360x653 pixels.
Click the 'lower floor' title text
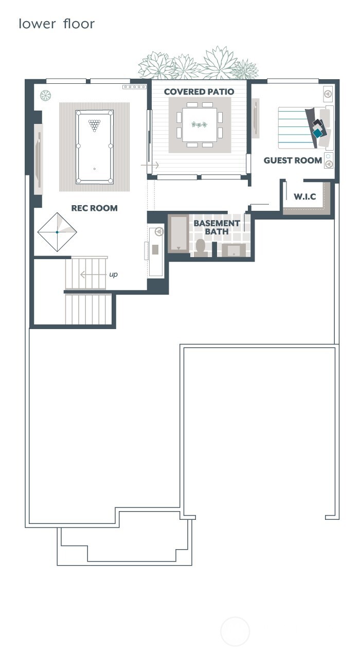[57, 24]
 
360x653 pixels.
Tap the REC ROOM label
[94, 208]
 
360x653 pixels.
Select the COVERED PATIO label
[199, 92]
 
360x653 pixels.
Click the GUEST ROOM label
[293, 160]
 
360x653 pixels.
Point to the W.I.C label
[304, 197]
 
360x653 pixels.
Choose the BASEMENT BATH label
[217, 227]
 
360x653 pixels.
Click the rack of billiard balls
[94, 125]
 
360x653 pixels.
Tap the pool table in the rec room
[94, 147]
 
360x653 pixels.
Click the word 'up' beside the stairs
[113, 275]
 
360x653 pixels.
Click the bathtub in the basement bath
[179, 234]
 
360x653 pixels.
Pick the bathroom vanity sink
[234, 250]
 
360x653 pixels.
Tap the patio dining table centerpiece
[199, 124]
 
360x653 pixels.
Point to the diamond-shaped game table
[57, 232]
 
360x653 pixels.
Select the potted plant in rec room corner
[46, 95]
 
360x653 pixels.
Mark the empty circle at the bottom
[235, 631]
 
